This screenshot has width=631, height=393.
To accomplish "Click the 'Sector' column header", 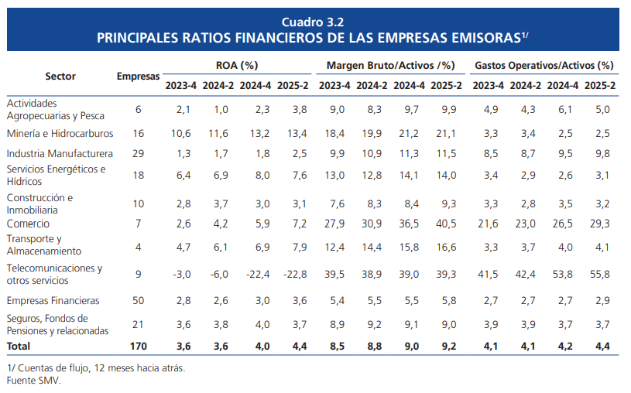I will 60,76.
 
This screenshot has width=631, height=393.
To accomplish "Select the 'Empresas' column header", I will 139,76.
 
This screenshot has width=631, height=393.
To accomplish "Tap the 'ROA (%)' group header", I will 236,66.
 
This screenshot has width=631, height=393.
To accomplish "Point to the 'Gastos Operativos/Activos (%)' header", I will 544,66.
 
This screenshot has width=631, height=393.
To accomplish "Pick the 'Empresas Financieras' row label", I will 51,299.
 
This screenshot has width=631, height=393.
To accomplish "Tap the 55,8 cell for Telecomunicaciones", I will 600,275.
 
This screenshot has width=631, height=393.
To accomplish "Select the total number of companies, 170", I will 139,346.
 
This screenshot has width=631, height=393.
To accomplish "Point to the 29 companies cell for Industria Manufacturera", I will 139,154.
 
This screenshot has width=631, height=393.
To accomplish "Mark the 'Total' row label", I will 19,346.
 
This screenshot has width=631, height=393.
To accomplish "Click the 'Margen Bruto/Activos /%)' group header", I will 390,66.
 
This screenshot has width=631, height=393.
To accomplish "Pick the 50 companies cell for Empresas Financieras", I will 139,299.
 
